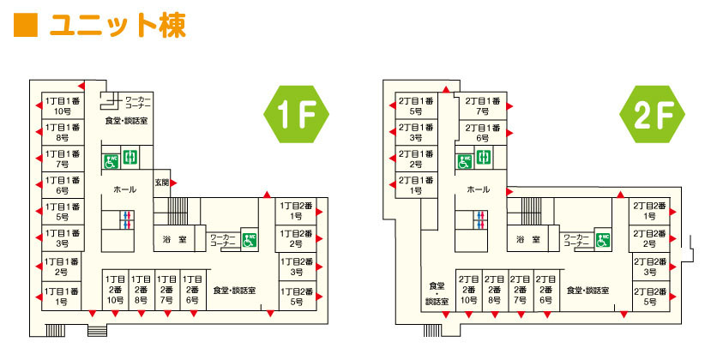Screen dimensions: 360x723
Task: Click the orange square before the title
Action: tap(26, 25)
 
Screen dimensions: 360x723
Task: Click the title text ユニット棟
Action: tap(117, 25)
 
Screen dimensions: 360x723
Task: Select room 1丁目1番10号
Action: tap(63, 105)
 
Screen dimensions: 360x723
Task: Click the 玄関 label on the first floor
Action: tap(161, 182)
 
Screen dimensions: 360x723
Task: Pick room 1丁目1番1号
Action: tap(63, 297)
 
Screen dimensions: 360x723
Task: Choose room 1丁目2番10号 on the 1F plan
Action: tap(116, 291)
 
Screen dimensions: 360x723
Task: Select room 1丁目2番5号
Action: tap(296, 297)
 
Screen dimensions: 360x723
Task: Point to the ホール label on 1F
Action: tap(123, 189)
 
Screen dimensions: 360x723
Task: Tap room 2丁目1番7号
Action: tap(482, 105)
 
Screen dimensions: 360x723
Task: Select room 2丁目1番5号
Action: tap(416, 105)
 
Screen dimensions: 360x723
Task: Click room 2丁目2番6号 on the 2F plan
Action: tap(545, 291)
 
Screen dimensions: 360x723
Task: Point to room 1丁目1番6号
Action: tap(63, 185)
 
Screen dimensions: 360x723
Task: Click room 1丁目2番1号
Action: tap(296, 211)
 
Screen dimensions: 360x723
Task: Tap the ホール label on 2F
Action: tap(479, 189)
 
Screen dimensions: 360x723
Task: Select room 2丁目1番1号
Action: tap(416, 185)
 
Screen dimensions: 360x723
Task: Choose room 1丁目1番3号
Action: tap(63, 237)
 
